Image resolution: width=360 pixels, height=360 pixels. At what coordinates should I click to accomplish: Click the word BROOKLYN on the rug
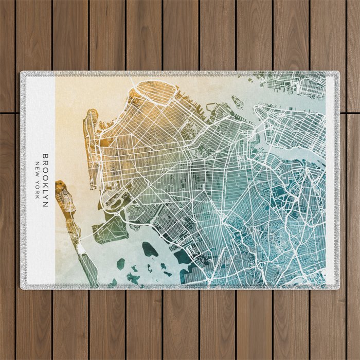tap(45, 180)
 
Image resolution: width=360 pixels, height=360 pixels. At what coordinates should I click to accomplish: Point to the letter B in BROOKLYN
tap(45, 156)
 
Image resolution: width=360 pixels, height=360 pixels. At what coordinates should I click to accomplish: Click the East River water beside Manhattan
tap(303, 154)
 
